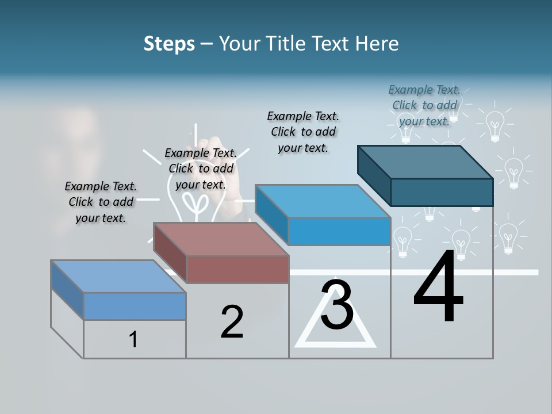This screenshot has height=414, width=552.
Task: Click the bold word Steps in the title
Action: (169, 44)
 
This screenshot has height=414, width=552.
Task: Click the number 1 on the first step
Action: (133, 339)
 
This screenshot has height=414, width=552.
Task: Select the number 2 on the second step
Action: (232, 322)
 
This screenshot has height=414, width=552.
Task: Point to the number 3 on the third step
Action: (337, 305)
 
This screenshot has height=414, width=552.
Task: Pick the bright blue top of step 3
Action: (323, 201)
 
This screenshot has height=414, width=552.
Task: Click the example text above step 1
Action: (101, 202)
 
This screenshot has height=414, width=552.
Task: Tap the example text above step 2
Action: (200, 168)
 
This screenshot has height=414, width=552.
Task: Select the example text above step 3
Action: (303, 132)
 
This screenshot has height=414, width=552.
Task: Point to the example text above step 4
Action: (424, 105)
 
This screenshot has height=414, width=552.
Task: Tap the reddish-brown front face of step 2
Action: (237, 269)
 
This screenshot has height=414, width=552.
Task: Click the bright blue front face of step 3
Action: (339, 232)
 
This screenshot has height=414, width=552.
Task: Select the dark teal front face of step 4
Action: (442, 192)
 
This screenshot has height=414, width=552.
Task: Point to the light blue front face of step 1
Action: (135, 306)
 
